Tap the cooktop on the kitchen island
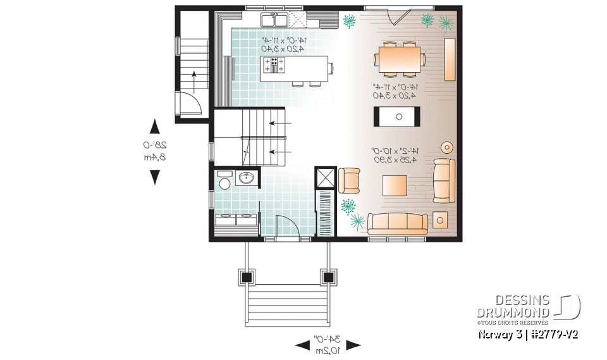click(x=274, y=65)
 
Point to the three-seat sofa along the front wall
click(x=398, y=222)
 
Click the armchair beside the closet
click(x=350, y=180)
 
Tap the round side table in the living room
click(x=448, y=147)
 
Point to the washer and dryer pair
click(x=236, y=220)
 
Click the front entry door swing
click(x=288, y=225)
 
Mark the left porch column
click(x=246, y=276)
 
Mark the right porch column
click(x=328, y=276)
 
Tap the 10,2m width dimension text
click(x=328, y=348)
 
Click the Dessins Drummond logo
click(x=528, y=306)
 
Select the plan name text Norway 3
click(x=495, y=333)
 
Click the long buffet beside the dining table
click(x=450, y=59)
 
